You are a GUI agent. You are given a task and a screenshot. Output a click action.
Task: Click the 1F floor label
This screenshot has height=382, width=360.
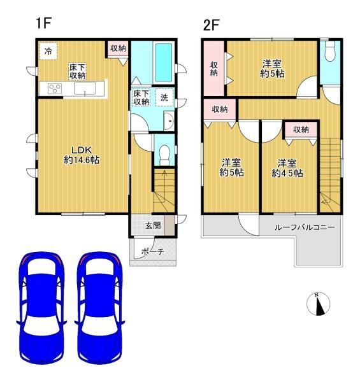point(43,24)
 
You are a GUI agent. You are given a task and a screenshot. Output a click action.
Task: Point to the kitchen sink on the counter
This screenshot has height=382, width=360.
point(85,88)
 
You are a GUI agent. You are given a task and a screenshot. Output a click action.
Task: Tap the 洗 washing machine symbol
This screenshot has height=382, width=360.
point(164,98)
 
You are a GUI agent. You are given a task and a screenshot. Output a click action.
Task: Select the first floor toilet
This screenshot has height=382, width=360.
point(164,152)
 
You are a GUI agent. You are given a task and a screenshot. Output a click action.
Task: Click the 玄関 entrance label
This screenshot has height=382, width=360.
point(152,225)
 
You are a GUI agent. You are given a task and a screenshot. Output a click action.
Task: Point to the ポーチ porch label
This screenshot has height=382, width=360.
point(152,251)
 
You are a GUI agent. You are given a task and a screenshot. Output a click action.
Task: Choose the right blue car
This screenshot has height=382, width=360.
point(99,306)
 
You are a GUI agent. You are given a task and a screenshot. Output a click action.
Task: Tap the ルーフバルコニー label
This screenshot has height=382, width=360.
point(300,227)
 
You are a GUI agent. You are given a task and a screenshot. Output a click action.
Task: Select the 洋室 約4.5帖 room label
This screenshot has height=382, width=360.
point(287,167)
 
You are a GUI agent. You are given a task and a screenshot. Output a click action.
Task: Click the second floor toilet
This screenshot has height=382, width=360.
point(329,54)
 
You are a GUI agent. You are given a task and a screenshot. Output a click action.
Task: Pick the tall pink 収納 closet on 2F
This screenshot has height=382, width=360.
point(215,69)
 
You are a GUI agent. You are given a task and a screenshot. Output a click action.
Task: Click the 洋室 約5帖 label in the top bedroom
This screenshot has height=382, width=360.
point(272,68)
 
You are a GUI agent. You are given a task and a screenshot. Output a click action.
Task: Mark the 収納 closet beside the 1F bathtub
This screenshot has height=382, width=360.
point(118,48)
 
